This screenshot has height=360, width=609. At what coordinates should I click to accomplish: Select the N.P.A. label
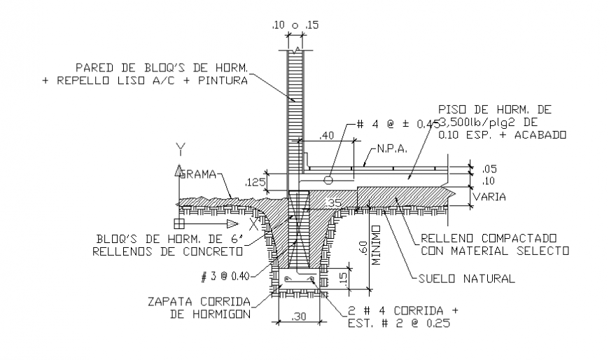[x=391, y=149]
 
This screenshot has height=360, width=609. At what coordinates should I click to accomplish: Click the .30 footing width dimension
[x=300, y=317]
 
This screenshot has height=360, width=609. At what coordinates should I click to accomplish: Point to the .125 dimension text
[x=255, y=183]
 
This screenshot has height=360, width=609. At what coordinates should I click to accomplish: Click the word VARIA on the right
[x=489, y=198]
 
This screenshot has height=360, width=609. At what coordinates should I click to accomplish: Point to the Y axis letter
[x=180, y=148]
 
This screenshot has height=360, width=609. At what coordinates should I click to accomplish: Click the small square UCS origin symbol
[x=179, y=223]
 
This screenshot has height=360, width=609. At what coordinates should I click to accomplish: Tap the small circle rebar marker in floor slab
[x=328, y=180]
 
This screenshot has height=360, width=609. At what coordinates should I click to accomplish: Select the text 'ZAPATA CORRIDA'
[x=200, y=303]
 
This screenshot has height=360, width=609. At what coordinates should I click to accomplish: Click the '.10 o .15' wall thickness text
[x=295, y=26]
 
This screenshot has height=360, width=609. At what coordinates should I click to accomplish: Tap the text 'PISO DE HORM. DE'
[x=494, y=110]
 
